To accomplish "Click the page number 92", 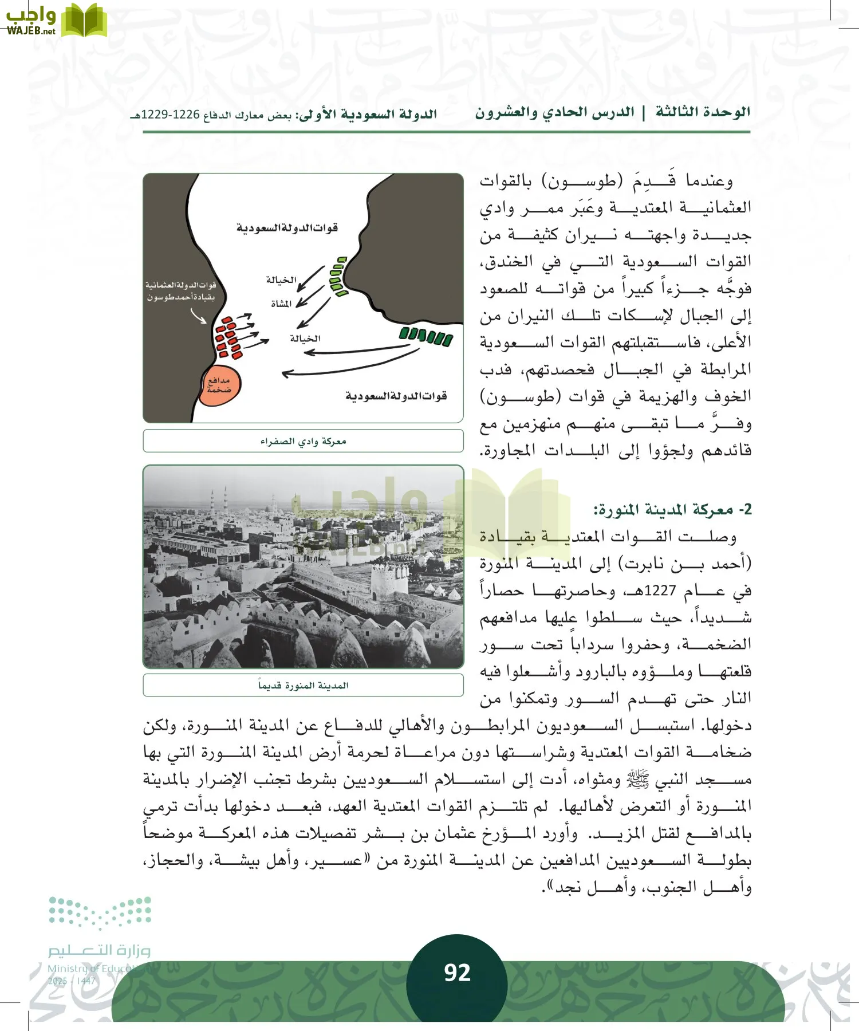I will (x=457, y=973).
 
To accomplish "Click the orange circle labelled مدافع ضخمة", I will (x=219, y=385).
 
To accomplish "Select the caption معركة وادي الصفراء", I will (x=303, y=441).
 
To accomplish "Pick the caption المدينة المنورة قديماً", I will (x=303, y=685).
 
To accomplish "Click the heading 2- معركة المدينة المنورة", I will (x=672, y=509).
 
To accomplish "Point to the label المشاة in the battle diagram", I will (x=281, y=304).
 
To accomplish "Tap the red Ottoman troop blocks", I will (x=228, y=337).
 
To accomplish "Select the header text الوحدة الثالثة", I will (x=703, y=112).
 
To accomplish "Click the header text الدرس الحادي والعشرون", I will (x=554, y=113).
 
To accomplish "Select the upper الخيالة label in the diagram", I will (x=281, y=280).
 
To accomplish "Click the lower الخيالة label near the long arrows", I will (x=305, y=339).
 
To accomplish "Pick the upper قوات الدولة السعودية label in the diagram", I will (x=287, y=228).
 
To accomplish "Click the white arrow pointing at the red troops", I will (x=198, y=316).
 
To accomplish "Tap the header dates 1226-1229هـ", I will (x=166, y=115).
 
